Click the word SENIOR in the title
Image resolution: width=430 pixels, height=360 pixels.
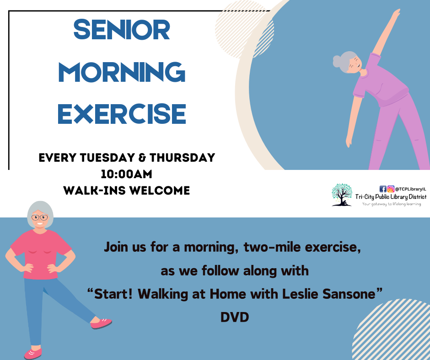(x=122, y=31)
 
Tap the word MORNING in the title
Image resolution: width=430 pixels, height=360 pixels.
(x=122, y=72)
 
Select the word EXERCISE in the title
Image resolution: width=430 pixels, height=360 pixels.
(x=122, y=114)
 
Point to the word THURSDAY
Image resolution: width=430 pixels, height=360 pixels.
(x=182, y=158)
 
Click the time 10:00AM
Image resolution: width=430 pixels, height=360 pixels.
(x=126, y=174)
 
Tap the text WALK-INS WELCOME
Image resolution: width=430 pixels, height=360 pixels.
(x=126, y=190)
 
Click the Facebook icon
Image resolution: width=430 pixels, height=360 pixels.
(x=383, y=189)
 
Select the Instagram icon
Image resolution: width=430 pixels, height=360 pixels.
(x=391, y=189)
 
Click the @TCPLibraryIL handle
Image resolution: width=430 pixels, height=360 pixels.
(x=410, y=189)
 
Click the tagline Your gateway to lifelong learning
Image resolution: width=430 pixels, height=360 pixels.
(x=391, y=204)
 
